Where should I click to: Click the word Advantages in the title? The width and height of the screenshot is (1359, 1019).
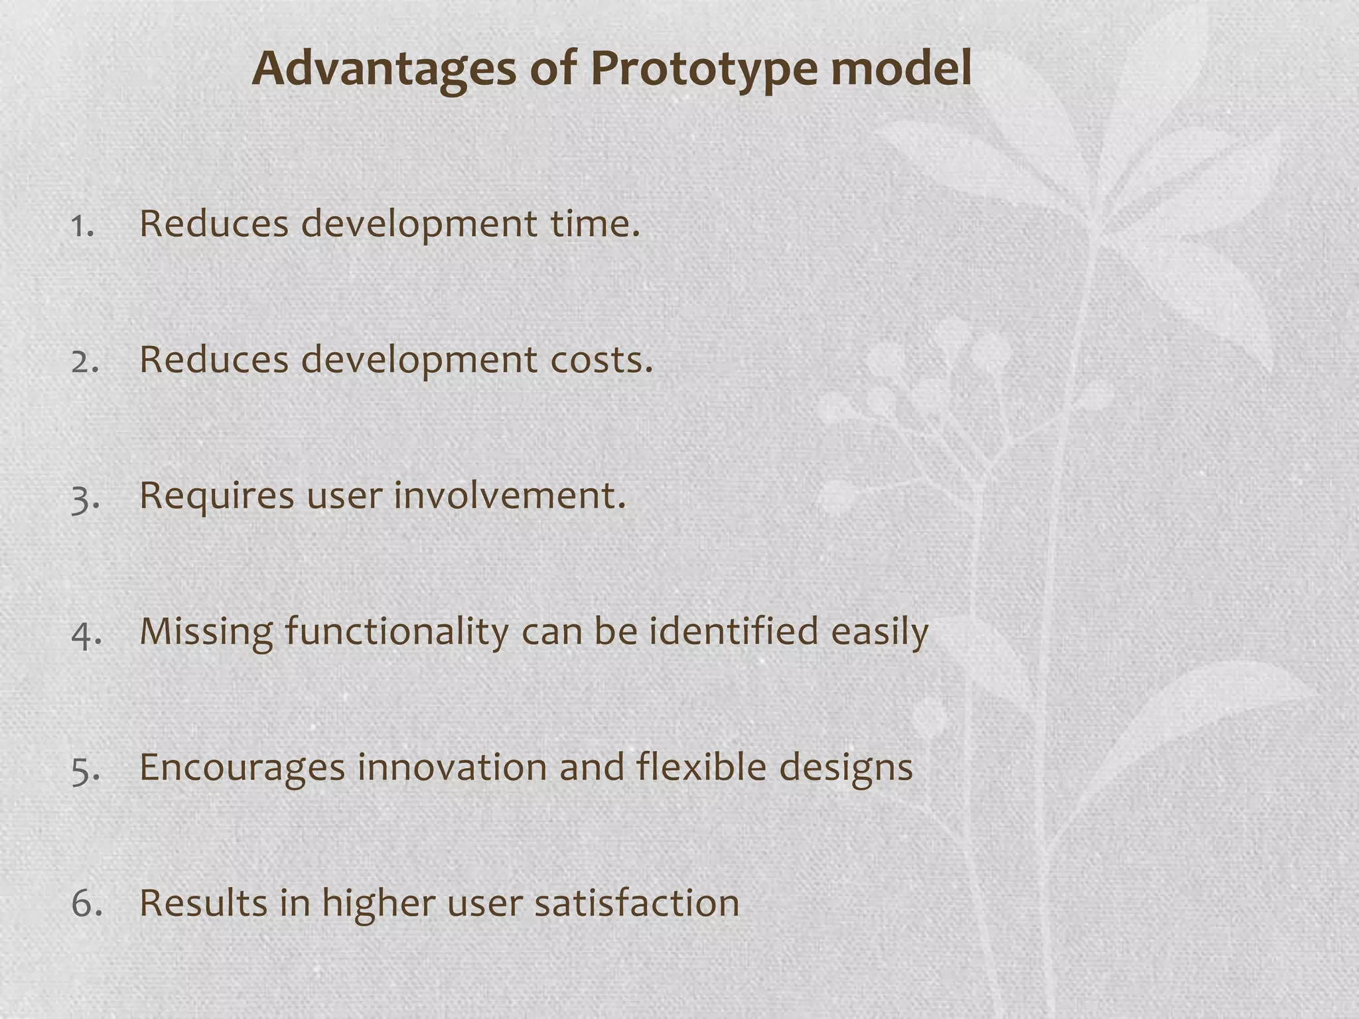[384, 69]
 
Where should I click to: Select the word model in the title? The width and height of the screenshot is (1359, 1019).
[900, 69]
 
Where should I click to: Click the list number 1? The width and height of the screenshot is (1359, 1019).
[82, 226]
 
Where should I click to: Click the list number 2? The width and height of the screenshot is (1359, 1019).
[84, 362]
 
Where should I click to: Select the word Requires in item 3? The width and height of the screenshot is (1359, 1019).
[216, 496]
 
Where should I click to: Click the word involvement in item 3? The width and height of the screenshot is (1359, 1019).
[510, 496]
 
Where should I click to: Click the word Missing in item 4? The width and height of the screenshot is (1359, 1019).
[206, 632]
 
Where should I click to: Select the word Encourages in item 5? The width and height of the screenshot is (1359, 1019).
[242, 768]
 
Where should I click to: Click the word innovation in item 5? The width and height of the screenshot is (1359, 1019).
[451, 768]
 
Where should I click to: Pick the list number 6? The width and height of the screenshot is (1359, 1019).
[86, 905]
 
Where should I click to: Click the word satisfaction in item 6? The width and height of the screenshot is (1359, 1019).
[636, 904]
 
